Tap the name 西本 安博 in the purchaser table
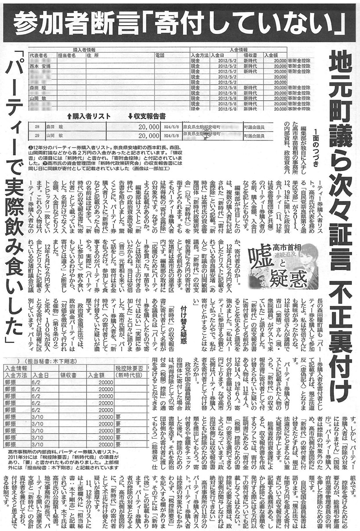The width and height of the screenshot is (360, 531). click(x=40, y=66)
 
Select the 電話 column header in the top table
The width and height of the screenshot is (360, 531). click(x=160, y=55)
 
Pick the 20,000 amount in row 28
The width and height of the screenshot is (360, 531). click(x=148, y=127)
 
